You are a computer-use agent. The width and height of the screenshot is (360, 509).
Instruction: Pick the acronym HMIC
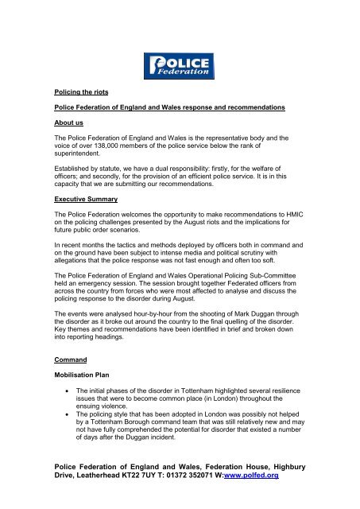click(x=297, y=218)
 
